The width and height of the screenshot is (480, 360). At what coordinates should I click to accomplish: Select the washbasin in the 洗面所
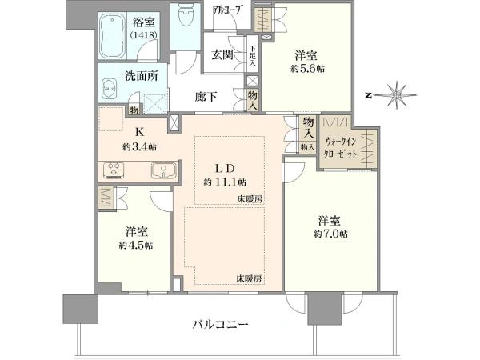pos(108,89)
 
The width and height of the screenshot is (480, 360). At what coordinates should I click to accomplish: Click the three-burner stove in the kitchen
pos(114,170)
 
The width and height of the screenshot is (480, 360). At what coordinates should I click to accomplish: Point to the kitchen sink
pos(163,170)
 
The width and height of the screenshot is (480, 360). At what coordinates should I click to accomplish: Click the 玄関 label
pos(222,55)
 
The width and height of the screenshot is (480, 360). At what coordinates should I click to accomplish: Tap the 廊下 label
pos(206,97)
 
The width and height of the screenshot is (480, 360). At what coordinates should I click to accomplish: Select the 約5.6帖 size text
pos(308,69)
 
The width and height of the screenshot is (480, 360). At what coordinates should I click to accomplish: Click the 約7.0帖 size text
pos(330,234)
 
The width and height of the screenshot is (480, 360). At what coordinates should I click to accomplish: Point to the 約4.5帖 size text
pos(136,246)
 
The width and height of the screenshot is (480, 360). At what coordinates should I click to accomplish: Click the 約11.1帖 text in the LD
pos(225,182)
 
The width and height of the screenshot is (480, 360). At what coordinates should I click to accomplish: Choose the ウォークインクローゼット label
pos(341,147)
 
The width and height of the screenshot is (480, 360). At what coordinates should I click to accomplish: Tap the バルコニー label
pos(220,324)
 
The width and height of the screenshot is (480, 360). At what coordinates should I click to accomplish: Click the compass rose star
pos(397,95)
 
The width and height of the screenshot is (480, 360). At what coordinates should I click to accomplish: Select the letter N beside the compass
pos(368,96)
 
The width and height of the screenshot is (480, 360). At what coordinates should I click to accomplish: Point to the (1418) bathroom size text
pos(143,35)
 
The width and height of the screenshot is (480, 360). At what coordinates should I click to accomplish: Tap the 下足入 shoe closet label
pos(253,56)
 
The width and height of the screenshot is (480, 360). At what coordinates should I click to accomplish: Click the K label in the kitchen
pos(139,132)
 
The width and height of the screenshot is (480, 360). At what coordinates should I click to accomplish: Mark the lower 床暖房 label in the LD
pos(249,279)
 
